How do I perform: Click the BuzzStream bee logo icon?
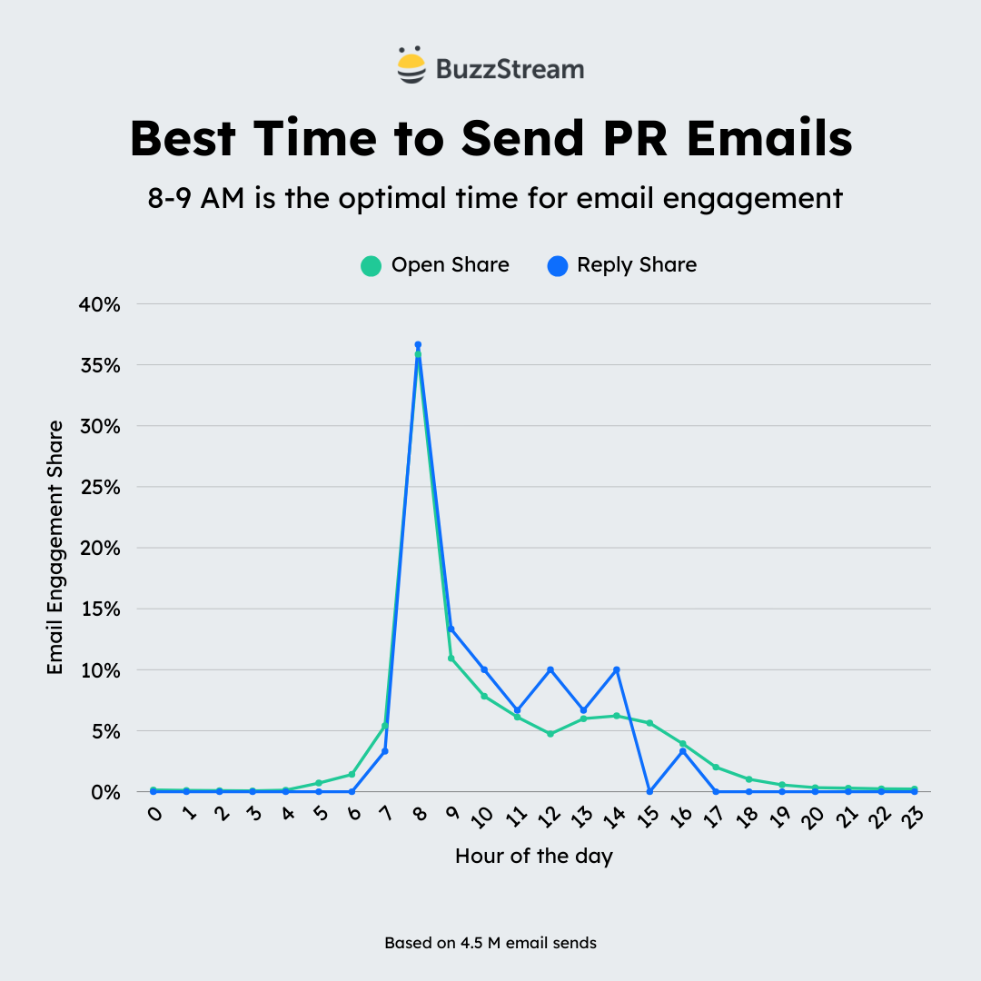(411, 66)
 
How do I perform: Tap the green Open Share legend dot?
(371, 266)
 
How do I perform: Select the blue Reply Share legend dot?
(558, 266)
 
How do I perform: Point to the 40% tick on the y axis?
(100, 304)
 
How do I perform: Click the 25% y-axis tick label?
(100, 487)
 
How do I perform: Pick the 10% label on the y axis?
(100, 670)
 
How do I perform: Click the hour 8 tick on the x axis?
(419, 815)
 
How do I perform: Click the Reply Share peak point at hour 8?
(418, 345)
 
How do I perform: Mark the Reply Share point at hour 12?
(550, 669)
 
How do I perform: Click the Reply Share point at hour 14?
(617, 669)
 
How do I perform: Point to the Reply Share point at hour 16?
(683, 751)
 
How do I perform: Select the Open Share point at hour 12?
(550, 733)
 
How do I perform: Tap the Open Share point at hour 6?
(352, 774)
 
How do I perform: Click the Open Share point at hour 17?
(716, 768)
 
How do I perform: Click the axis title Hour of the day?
(534, 857)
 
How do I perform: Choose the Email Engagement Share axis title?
(55, 547)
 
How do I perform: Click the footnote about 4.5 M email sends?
(490, 943)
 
